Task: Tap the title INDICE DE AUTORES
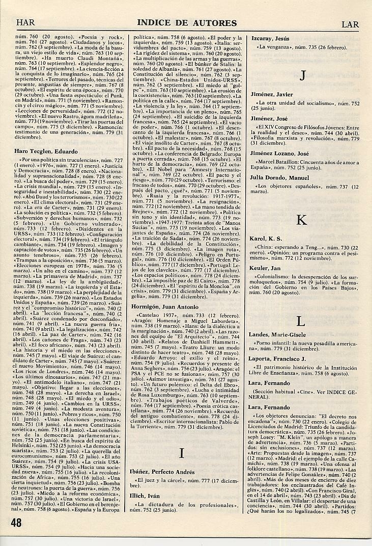(187, 23)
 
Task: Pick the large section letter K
(301, 220)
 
